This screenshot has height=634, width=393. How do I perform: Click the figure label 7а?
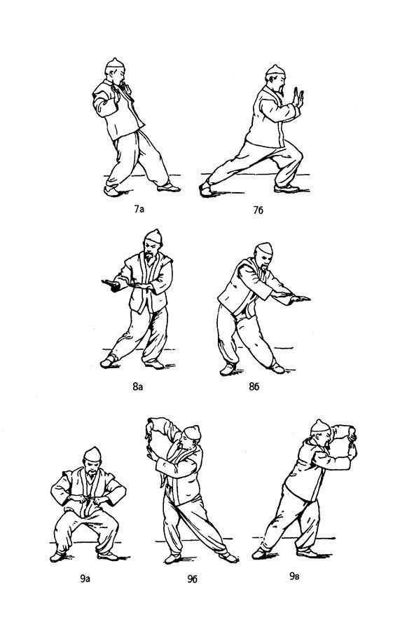[139, 209]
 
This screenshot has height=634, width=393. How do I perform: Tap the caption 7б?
[258, 210]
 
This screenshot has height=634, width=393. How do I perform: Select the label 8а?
[138, 386]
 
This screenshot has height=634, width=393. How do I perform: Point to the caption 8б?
[254, 386]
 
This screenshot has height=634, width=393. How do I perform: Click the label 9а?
[85, 579]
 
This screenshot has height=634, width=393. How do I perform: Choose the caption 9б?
[192, 579]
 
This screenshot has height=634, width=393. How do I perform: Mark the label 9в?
[294, 576]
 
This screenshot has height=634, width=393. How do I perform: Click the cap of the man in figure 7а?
[115, 63]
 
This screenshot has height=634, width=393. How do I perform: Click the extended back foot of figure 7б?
[205, 189]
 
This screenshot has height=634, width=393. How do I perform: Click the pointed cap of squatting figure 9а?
[92, 454]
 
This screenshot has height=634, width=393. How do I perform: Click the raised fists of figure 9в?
[352, 442]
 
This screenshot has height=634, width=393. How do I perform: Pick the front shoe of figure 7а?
[169, 187]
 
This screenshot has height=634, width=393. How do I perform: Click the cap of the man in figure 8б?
[265, 248]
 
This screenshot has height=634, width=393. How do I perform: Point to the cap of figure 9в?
[320, 426]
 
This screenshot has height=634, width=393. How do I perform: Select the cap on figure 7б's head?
[275, 70]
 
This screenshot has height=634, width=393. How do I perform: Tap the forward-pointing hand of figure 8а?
[110, 285]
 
